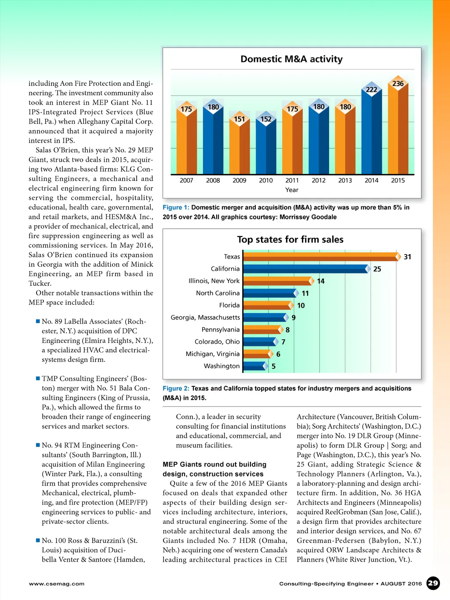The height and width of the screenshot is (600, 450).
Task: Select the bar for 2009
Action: [240, 147]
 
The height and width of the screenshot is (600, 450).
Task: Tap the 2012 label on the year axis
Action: [319, 180]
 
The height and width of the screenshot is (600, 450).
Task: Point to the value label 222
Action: [372, 90]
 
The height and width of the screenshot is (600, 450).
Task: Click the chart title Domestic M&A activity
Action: [291, 59]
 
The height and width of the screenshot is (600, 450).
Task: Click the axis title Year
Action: [292, 190]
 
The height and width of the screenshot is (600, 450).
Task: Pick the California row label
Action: [225, 269]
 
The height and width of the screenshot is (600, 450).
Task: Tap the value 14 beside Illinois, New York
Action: [321, 281]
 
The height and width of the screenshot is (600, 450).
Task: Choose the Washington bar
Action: [254, 366]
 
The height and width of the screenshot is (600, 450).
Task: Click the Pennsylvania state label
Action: [221, 330]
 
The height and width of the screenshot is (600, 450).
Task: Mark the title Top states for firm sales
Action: [290, 240]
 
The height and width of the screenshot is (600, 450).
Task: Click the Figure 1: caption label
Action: [176, 207]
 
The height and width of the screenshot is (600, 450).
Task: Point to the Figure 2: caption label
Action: [176, 389]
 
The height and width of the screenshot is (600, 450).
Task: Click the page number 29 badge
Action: [433, 583]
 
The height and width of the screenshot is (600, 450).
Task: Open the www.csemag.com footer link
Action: [57, 584]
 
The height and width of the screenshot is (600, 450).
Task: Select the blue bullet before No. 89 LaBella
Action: [38, 321]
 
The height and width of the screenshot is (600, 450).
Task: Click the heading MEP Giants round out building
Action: [214, 465]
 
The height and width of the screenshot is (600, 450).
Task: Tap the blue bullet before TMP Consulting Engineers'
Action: [38, 378]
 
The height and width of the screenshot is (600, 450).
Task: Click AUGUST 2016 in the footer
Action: [401, 584]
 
